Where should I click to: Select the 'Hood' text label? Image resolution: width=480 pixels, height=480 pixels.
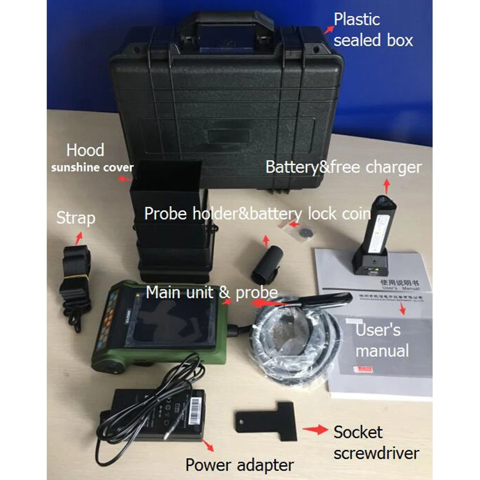point(85,150)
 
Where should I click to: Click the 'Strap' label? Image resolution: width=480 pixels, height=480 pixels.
point(76,218)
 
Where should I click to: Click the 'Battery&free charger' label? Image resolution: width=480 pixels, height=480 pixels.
point(344,168)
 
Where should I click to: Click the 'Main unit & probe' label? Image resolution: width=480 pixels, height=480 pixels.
point(212,292)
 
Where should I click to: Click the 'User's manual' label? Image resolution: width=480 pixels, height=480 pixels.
point(382,340)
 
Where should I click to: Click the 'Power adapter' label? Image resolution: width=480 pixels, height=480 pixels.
point(239,464)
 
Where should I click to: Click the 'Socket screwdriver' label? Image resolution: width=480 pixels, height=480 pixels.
point(376,442)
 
